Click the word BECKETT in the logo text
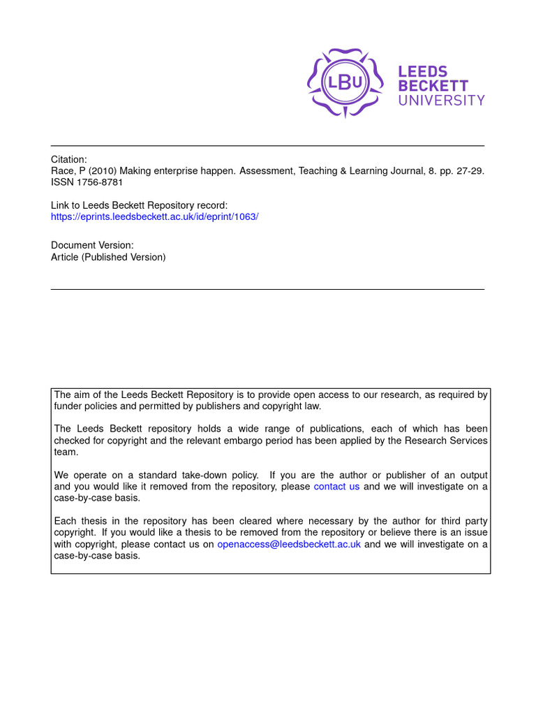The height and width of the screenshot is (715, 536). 433,86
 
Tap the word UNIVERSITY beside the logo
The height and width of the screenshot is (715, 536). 441,100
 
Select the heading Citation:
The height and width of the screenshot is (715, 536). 69,159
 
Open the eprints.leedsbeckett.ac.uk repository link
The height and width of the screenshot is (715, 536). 155,216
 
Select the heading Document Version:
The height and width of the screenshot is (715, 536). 92,245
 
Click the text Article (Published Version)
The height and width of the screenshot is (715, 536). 108,257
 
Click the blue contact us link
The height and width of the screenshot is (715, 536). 336,487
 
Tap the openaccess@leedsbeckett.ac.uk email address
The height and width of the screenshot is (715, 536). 289,545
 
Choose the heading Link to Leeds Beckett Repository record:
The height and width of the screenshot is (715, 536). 140,205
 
